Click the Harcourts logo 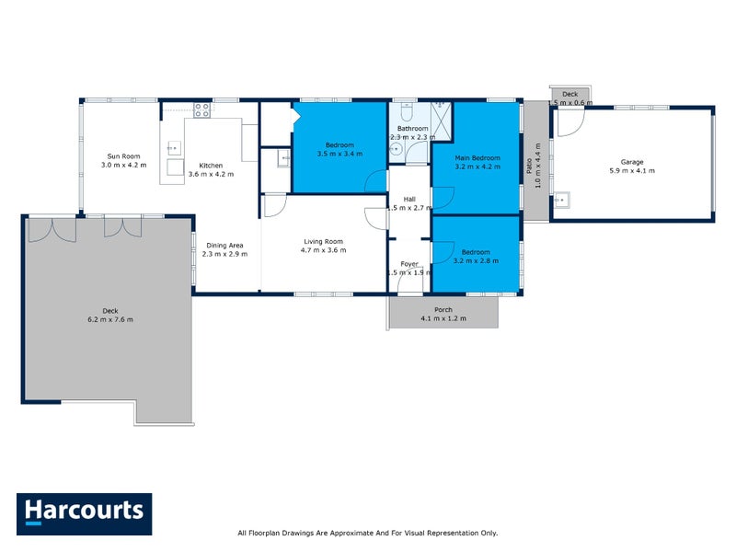coord(84,513)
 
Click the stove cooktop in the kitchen coord(202,109)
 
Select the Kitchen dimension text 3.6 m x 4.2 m coord(211,174)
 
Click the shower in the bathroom coord(442,121)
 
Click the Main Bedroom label coord(477,158)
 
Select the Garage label coord(632,162)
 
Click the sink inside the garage coord(561,199)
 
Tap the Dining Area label coord(224,245)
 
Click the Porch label coord(443,310)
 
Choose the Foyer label coord(408,264)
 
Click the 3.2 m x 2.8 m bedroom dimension coord(476,261)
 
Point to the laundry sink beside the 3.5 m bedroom coord(283,159)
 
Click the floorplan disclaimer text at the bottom coord(367,533)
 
